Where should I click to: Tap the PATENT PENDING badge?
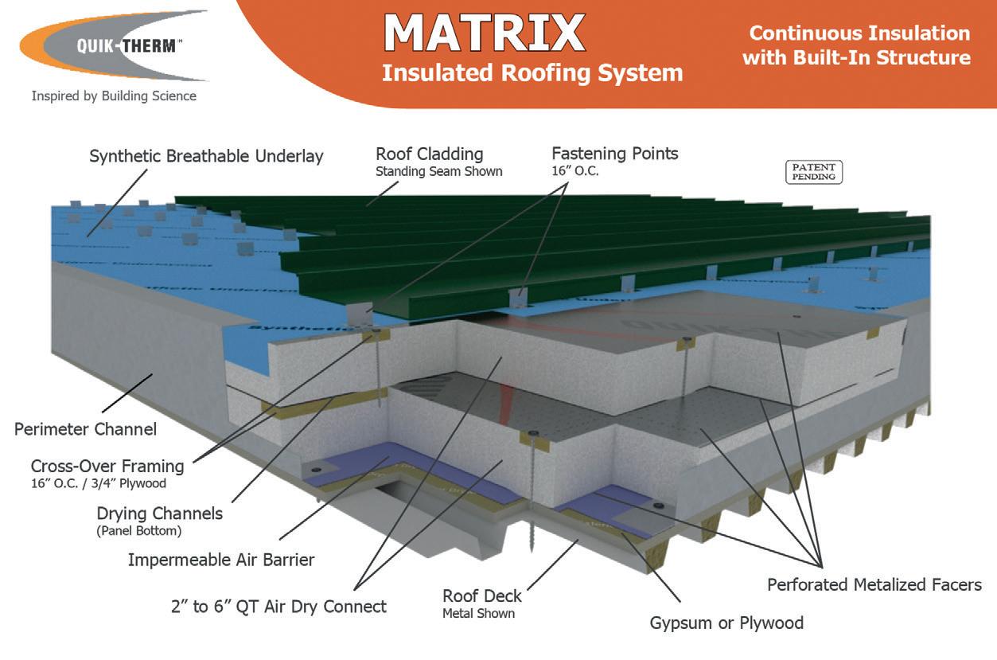(x=813, y=172)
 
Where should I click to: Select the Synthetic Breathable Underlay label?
(x=206, y=156)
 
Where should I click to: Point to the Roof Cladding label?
(x=429, y=154)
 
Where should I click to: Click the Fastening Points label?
(x=615, y=153)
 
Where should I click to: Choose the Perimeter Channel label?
(x=85, y=429)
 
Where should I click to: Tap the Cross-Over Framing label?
(x=107, y=466)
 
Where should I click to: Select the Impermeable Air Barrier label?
(x=221, y=560)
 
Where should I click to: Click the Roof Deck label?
(x=482, y=596)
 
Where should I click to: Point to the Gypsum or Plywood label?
(x=726, y=623)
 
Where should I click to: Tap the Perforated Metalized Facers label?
(x=874, y=585)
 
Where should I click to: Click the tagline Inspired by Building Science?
(x=114, y=96)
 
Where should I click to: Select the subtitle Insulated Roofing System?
(x=532, y=72)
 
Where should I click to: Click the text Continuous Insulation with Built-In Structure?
(x=856, y=45)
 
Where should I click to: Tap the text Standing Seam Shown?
(x=438, y=171)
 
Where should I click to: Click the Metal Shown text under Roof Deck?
(x=478, y=613)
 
